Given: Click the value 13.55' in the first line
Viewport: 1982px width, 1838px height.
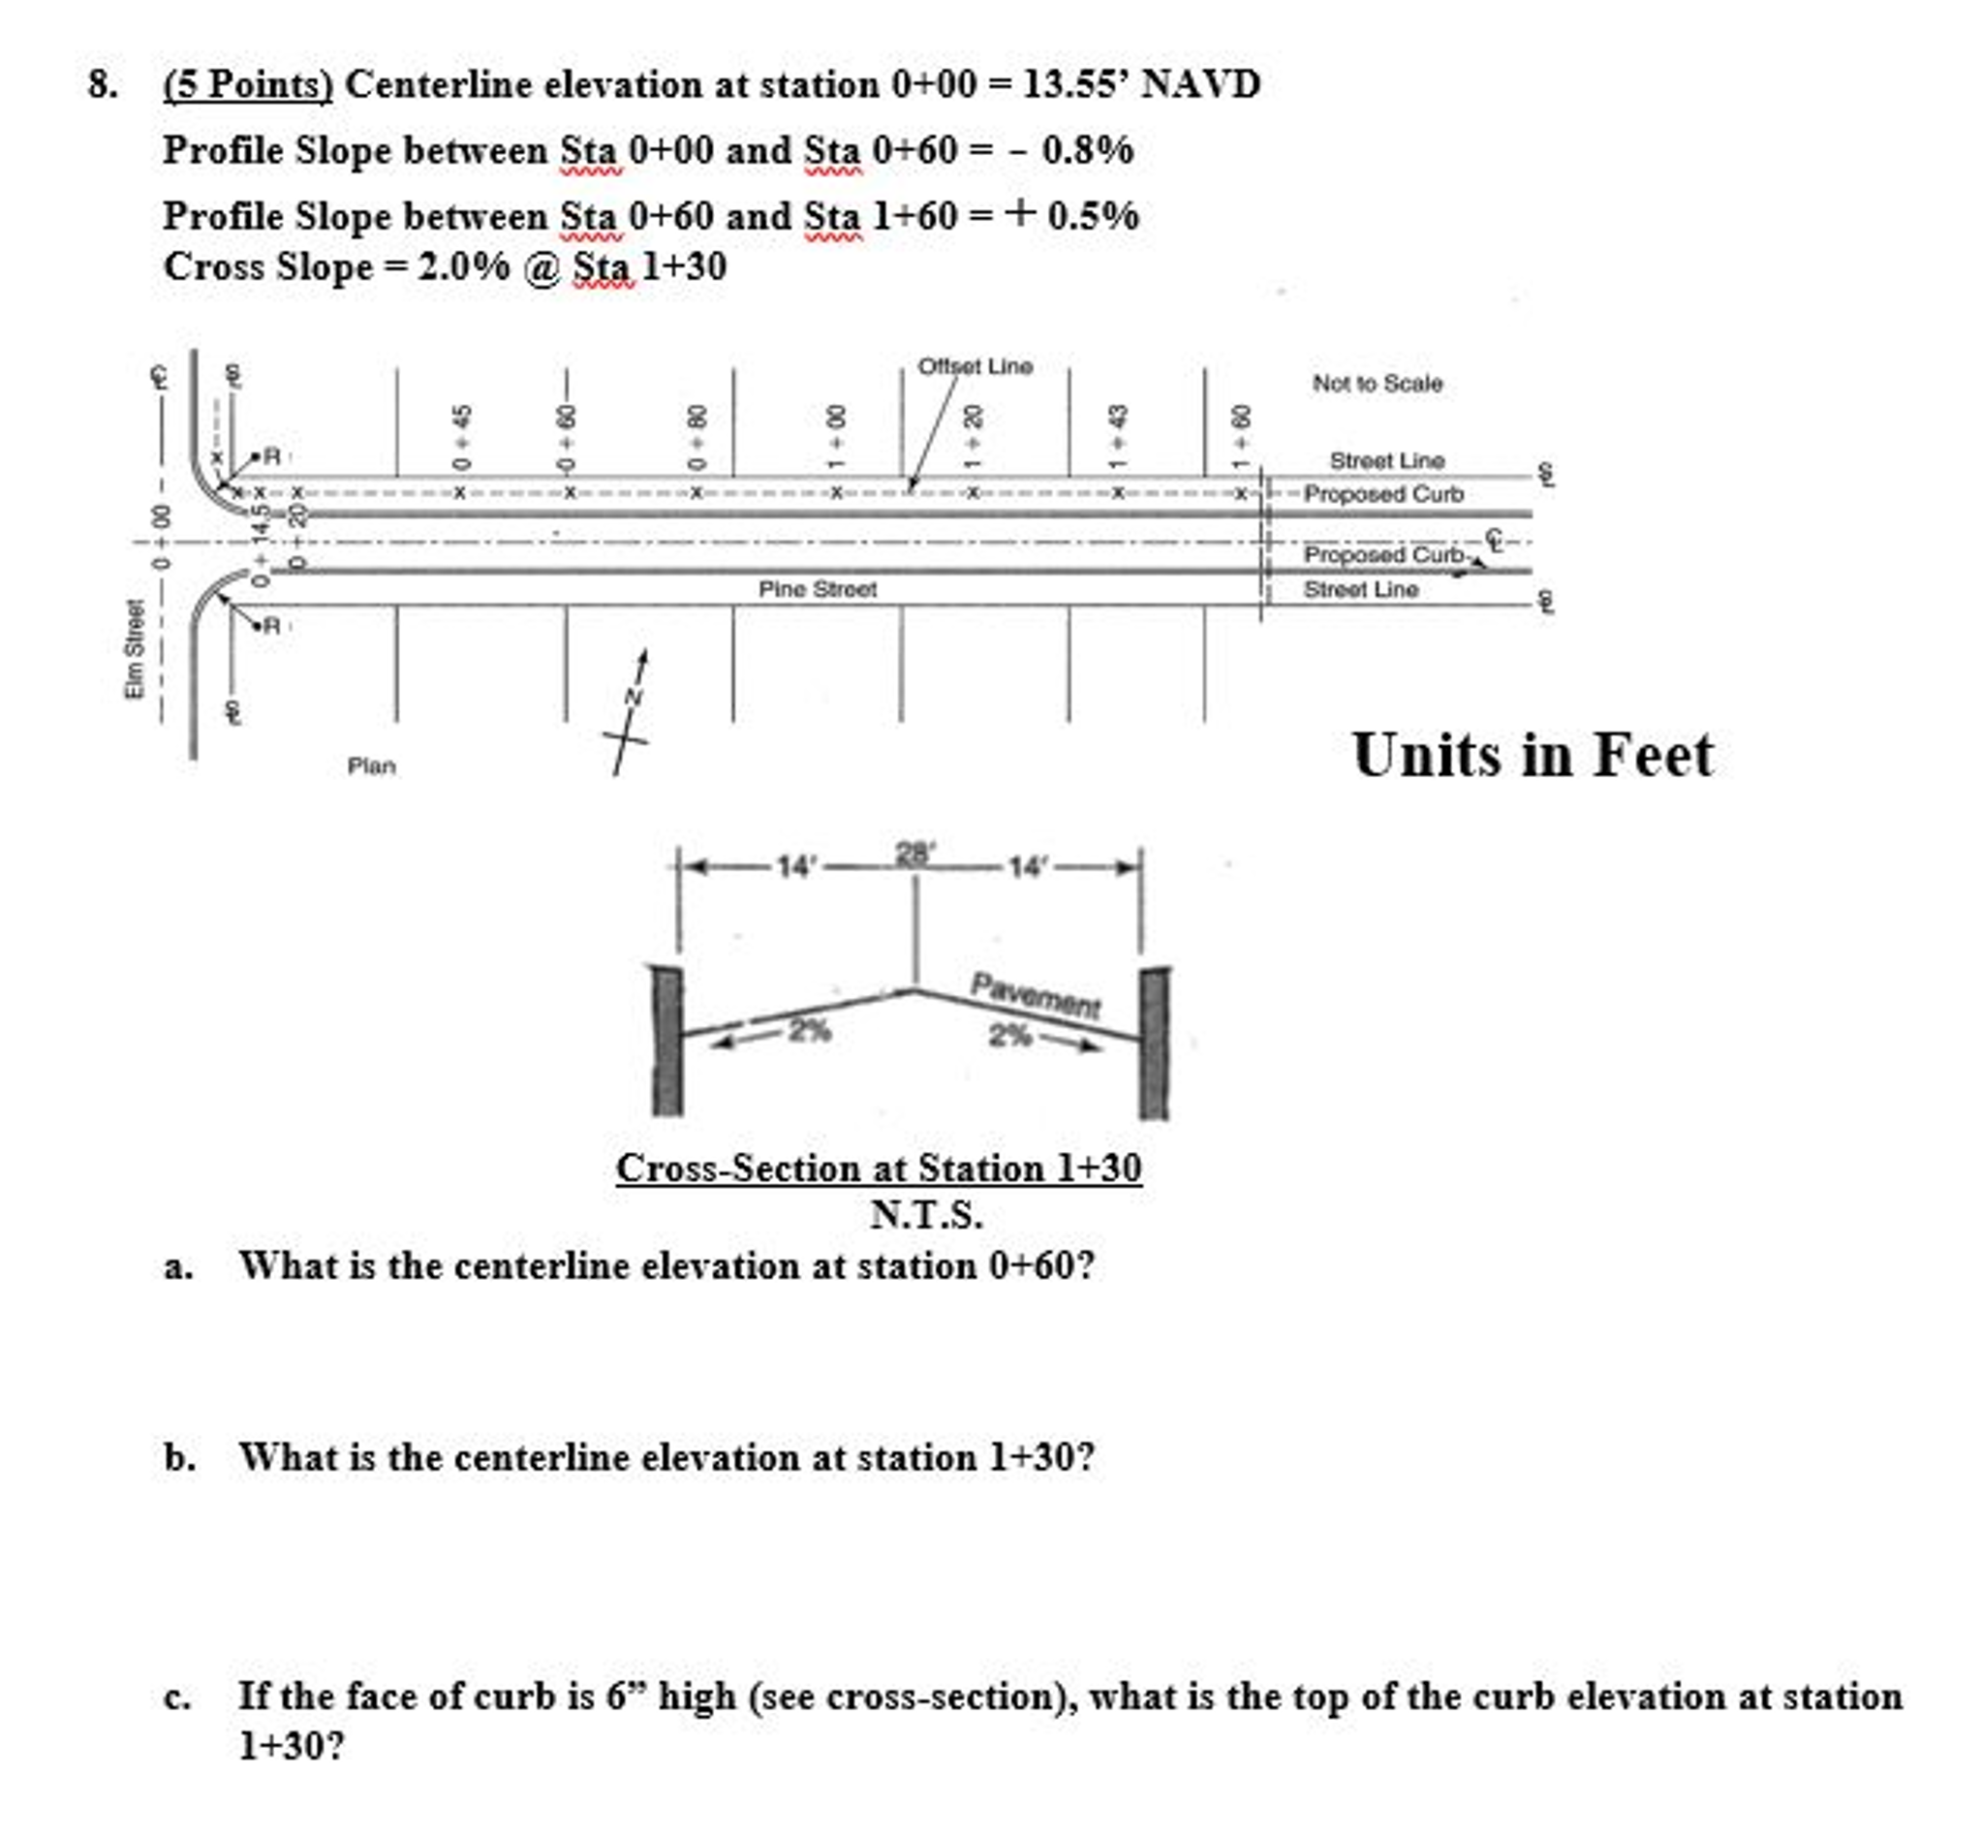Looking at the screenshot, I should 1075,84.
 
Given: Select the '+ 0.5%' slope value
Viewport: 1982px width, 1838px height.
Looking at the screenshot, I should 1071,216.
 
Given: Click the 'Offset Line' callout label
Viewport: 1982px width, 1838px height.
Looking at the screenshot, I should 975,366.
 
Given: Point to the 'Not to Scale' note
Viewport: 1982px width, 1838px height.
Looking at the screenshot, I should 1377,383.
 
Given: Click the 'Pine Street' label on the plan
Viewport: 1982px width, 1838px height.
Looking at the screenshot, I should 817,589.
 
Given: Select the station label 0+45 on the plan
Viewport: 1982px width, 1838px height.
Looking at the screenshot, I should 460,437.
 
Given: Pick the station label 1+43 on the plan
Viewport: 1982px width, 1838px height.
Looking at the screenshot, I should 1118,437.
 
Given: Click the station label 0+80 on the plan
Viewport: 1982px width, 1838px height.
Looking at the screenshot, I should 698,437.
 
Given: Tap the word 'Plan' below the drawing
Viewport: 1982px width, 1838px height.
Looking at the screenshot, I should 371,765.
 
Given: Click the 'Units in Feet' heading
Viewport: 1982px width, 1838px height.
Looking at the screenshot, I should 1533,756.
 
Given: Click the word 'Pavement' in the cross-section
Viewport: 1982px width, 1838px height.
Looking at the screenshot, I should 1036,995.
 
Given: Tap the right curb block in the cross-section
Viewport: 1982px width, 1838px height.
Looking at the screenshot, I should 1154,1042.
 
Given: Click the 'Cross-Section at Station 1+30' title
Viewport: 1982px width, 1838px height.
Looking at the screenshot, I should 878,1168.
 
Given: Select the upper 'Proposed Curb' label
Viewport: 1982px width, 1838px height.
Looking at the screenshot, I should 1382,494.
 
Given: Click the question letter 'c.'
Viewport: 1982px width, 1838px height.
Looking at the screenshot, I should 178,1698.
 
